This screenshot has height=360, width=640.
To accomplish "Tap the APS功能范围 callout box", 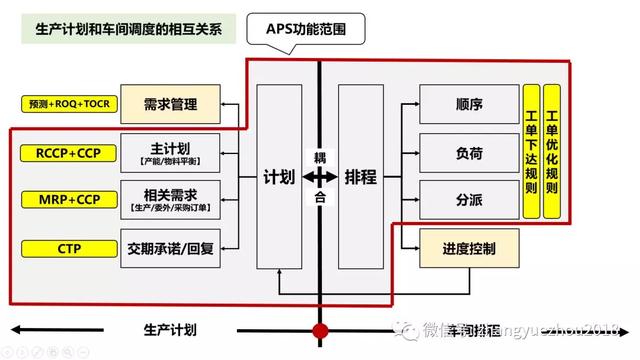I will (x=321, y=28).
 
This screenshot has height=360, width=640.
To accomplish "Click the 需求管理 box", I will (x=171, y=104).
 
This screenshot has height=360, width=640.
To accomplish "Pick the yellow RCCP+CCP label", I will (x=62, y=152).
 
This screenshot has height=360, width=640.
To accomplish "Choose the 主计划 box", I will (x=170, y=152).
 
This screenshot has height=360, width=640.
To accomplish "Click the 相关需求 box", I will (x=170, y=199).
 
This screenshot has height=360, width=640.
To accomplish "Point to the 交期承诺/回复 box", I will (x=170, y=247).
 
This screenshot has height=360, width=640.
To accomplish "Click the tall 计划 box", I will (x=279, y=177).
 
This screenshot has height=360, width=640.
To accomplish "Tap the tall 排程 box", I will (x=360, y=177).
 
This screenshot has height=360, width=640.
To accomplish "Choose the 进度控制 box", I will (x=469, y=247).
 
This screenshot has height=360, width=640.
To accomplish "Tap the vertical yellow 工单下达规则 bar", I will (x=531, y=152).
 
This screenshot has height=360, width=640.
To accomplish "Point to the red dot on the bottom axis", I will (x=320, y=330).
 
